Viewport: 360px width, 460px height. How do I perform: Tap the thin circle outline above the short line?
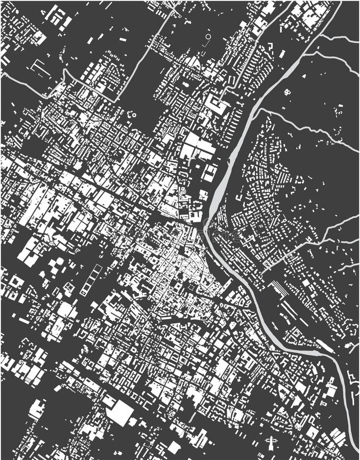tap(207, 37)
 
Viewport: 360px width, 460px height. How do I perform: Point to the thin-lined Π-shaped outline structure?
tap(38, 65)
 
